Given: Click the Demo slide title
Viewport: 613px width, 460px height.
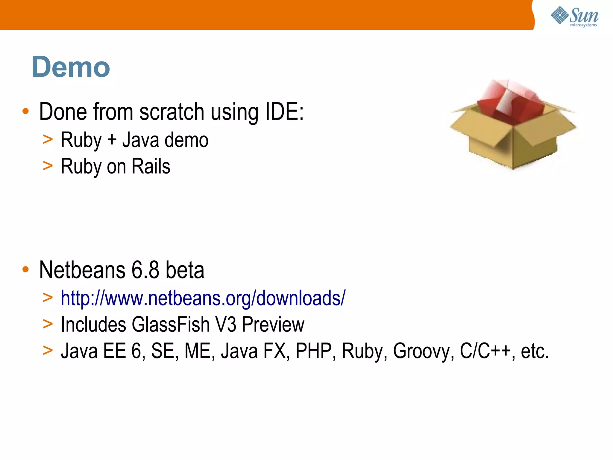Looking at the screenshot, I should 71,67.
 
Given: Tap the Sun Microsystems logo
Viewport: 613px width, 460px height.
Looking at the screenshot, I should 574,16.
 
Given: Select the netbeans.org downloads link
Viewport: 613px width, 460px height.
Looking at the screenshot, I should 203,298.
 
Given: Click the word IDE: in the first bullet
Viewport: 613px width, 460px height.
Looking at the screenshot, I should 284,112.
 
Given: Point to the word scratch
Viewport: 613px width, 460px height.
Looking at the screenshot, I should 172,112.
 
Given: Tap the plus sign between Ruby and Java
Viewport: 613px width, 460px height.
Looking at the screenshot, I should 112,140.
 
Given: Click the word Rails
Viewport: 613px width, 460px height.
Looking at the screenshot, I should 151,166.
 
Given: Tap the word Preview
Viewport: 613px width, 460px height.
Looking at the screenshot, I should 273,325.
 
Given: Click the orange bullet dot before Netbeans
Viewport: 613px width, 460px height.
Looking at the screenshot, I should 26,269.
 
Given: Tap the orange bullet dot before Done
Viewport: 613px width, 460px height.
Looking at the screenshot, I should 26,111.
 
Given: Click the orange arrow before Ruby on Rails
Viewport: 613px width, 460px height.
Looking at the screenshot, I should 48,166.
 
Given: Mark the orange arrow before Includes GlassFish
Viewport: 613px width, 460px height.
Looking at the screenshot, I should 48,324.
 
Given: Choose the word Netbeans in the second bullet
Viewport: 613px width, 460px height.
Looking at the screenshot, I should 82,270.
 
